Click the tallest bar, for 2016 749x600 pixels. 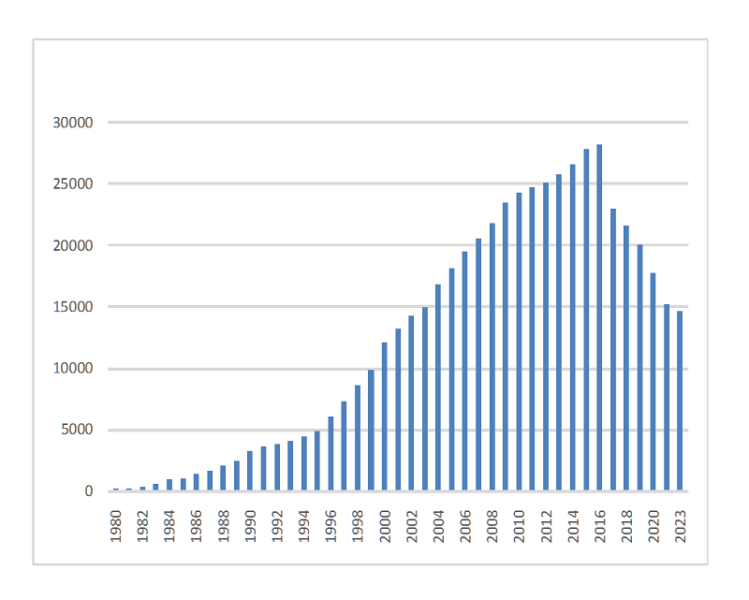tap(599, 318)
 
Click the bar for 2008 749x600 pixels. tap(492, 357)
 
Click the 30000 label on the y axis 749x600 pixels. tap(73, 123)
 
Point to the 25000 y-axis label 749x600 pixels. tap(73, 184)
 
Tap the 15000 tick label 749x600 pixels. tap(73, 307)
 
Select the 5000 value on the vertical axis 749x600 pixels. tap(77, 431)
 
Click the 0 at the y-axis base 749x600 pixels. tap(90, 491)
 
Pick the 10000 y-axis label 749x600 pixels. tap(73, 369)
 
